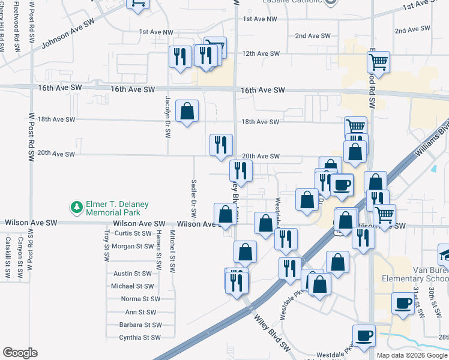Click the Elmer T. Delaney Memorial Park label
click(x=113, y=208)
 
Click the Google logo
click(x=20, y=353)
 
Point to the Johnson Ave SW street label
click(x=68, y=35)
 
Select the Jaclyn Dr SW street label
click(x=167, y=116)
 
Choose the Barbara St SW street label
click(x=140, y=325)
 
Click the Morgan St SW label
click(x=132, y=246)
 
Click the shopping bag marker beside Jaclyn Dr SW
click(x=187, y=111)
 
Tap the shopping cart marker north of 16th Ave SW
click(x=378, y=61)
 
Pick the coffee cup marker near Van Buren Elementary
click(x=402, y=303)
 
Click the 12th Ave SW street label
click(x=261, y=53)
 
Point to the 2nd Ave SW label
click(x=314, y=36)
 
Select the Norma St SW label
click(x=140, y=299)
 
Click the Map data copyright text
click(x=412, y=355)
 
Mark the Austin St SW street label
click(x=133, y=273)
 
